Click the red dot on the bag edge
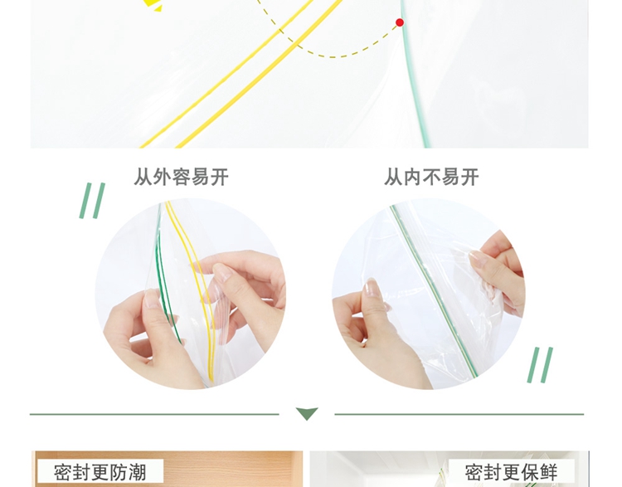(400, 22)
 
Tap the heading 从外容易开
(181, 177)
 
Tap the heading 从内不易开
(431, 177)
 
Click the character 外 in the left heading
(162, 177)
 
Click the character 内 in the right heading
(412, 177)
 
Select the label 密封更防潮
(100, 472)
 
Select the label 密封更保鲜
(512, 472)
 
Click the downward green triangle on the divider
(307, 413)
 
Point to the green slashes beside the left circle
(92, 201)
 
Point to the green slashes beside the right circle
(540, 365)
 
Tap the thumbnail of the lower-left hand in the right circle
(371, 285)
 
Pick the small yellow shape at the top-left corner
(153, 5)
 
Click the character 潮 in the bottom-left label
(138, 472)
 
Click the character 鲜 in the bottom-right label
(549, 472)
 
